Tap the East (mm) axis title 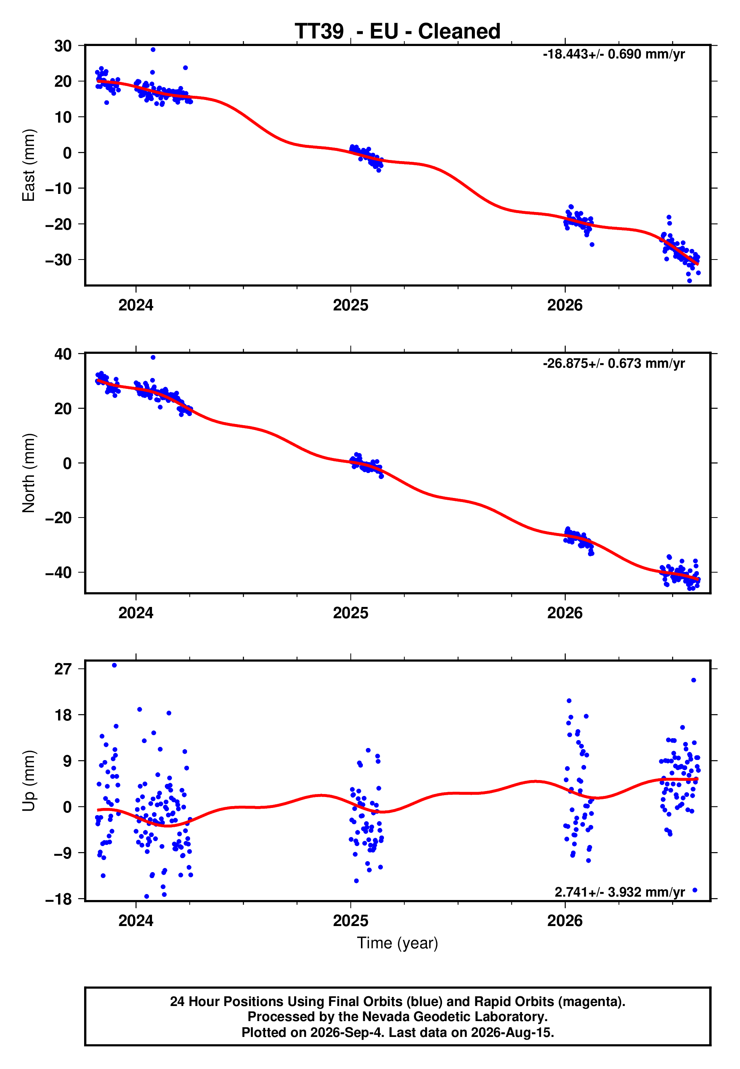(x=29, y=165)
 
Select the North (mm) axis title (x=29, y=473)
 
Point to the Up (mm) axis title (x=29, y=781)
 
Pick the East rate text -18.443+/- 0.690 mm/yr (x=614, y=54)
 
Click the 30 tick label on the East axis (x=63, y=46)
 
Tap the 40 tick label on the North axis (x=63, y=354)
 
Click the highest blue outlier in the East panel (x=153, y=49)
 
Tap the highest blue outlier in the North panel (x=153, y=358)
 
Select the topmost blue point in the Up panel (x=115, y=665)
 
